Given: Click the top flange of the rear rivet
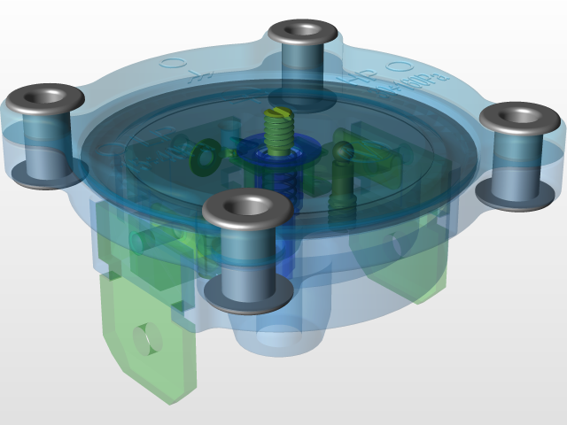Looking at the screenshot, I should [x=304, y=34].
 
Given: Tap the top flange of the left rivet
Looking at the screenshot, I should [x=46, y=95].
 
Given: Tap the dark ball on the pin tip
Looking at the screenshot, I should [x=342, y=151].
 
